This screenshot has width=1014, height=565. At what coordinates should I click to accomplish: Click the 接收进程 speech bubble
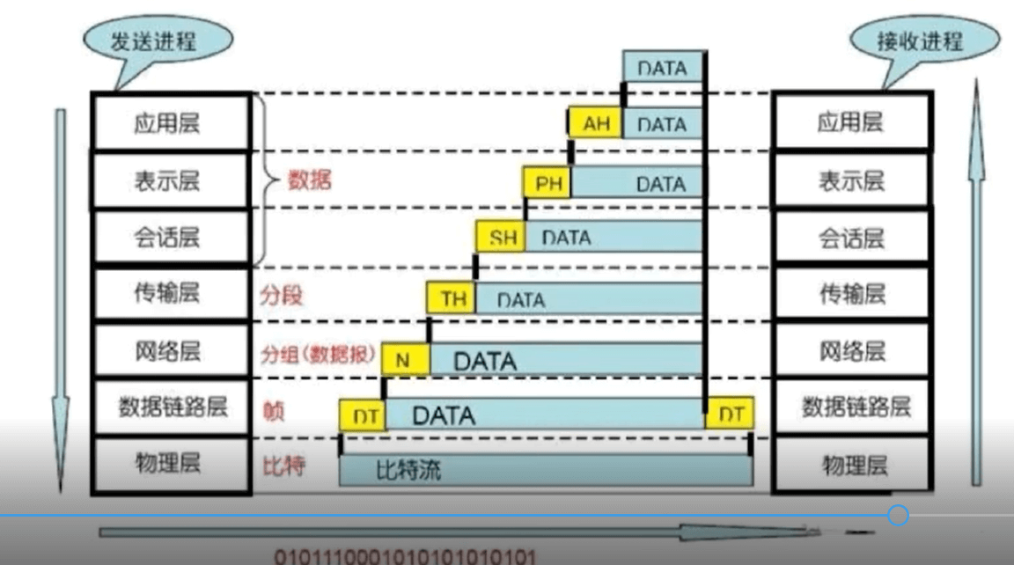pos(920,40)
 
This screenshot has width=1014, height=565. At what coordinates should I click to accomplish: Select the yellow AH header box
pos(596,124)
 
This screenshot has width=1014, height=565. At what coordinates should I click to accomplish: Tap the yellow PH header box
pos(547,184)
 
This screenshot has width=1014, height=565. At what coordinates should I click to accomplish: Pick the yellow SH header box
pos(501,238)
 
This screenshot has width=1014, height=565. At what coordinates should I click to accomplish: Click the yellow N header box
pos(404,360)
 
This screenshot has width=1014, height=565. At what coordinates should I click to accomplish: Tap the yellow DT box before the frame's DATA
pos(363,415)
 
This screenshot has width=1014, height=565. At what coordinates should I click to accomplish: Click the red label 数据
pos(310,181)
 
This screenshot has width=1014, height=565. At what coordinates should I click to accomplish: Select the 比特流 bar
pos(546,471)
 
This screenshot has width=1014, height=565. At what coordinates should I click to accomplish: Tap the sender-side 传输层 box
pos(172,294)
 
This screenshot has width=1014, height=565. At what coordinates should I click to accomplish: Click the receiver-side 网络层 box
pos(851,351)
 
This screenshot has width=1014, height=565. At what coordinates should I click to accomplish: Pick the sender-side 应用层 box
pos(172,122)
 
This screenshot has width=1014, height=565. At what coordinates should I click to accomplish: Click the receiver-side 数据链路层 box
pos(851,407)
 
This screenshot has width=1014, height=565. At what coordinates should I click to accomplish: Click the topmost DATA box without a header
pos(662,68)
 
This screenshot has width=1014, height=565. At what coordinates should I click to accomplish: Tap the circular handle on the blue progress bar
pos(898,515)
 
